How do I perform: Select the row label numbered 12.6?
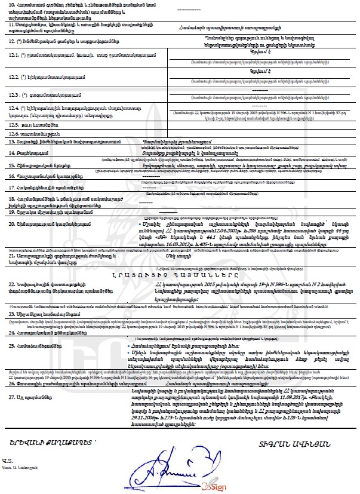pyautogui.click(x=30, y=134)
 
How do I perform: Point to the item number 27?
pyautogui.click(x=13, y=397)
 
